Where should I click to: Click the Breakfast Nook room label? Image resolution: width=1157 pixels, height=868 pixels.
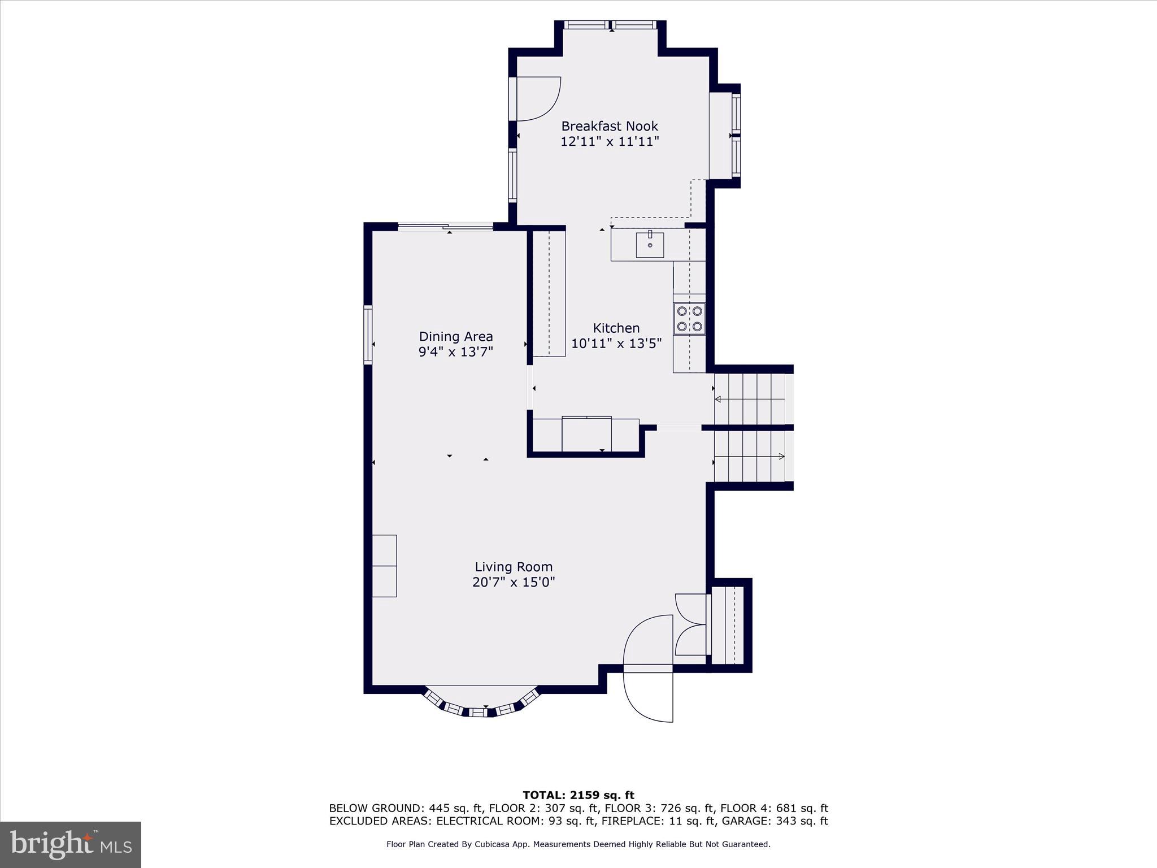[x=609, y=126]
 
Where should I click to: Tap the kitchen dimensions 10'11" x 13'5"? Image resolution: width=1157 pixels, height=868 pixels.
[x=616, y=344]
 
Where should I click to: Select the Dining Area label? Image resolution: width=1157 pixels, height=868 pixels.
[x=455, y=337]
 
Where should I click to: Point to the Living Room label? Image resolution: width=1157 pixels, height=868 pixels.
[x=513, y=567]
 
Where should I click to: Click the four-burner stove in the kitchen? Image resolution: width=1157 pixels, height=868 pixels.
[x=689, y=319]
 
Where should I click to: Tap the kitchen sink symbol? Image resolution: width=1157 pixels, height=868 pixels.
[x=650, y=244]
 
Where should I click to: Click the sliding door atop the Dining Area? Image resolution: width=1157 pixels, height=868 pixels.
[x=446, y=227]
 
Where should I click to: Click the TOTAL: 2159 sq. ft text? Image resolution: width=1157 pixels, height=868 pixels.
[x=578, y=795]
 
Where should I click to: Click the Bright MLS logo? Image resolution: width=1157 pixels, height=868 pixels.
[x=70, y=845]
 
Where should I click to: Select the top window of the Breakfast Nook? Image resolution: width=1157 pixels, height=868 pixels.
[x=611, y=25]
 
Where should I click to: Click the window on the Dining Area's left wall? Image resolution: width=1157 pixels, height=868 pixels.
[x=368, y=334]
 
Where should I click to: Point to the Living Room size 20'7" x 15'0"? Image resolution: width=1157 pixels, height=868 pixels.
[x=513, y=583]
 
